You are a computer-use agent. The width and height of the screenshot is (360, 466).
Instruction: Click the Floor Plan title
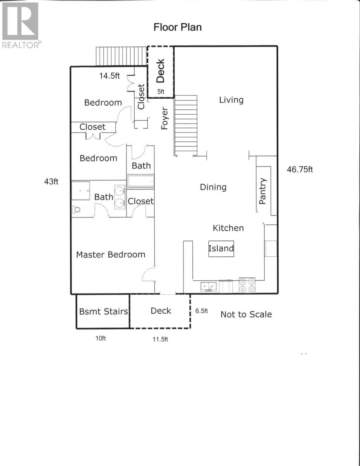[178, 27]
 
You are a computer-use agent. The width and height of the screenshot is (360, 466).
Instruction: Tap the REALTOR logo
[21, 25]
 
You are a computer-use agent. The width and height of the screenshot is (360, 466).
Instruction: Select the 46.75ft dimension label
[300, 169]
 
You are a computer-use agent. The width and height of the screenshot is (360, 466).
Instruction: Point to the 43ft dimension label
[51, 182]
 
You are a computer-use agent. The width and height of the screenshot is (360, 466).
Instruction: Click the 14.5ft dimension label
[109, 76]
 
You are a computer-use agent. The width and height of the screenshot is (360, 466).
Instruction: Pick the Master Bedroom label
[111, 254]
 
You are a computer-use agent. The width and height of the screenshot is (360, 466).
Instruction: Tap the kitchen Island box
[221, 249]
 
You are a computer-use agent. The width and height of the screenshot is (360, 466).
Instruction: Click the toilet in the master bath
[76, 209]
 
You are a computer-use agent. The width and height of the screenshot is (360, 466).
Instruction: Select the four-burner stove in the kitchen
[247, 285]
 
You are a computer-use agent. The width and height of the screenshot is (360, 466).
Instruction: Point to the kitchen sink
[209, 287]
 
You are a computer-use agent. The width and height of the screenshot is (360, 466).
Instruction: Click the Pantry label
[263, 191]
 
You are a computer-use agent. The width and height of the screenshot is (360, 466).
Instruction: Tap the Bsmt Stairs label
[104, 311]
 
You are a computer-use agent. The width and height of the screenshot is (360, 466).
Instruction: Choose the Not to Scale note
[246, 315]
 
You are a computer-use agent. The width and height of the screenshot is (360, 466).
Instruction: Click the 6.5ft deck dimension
[201, 311]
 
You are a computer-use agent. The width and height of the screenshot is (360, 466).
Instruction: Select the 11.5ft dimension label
[160, 339]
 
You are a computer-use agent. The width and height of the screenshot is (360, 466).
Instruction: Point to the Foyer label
[164, 118]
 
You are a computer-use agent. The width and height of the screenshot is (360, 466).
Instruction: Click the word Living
[231, 100]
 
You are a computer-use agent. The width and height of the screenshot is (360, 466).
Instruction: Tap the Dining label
[213, 187]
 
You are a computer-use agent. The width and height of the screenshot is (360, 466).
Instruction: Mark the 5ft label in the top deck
[161, 92]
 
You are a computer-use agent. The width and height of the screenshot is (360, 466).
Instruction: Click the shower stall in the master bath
[81, 191]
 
